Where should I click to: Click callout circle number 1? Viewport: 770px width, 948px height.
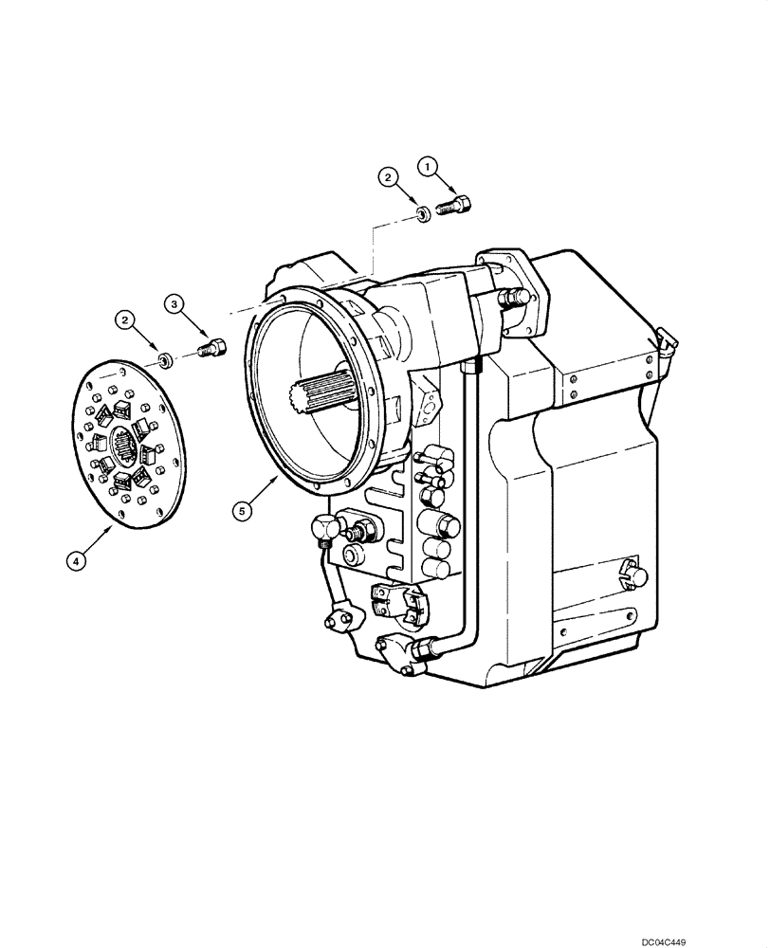click(x=429, y=167)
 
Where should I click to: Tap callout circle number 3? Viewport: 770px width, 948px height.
click(x=174, y=304)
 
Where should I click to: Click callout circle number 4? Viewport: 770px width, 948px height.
click(x=78, y=560)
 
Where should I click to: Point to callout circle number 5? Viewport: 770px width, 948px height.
click(x=243, y=510)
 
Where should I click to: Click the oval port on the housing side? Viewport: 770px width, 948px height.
click(x=429, y=409)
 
